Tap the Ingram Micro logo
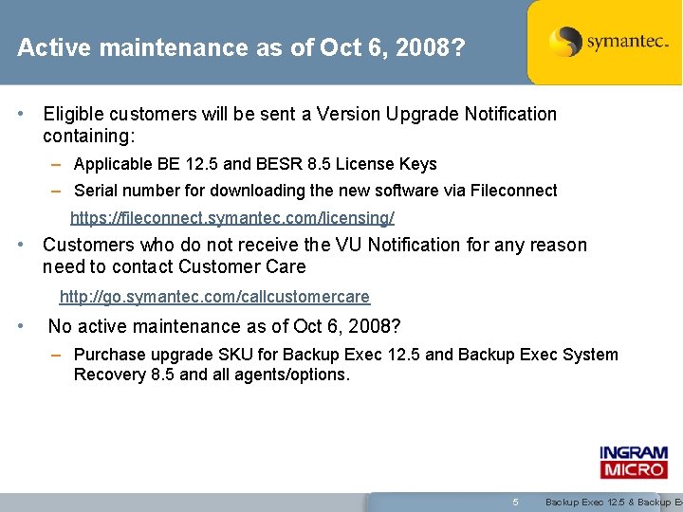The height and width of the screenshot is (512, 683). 634,463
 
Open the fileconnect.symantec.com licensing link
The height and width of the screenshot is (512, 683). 232,218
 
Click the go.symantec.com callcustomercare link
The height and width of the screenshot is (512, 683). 214,298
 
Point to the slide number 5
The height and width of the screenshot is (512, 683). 515,502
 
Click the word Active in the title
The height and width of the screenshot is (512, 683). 46,47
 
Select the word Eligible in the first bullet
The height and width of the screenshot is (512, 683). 75,114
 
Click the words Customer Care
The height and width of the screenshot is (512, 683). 242,266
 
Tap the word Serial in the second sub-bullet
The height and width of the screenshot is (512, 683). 95,191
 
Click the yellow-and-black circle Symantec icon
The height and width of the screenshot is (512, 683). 565,42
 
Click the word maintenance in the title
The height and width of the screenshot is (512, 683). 150,47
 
